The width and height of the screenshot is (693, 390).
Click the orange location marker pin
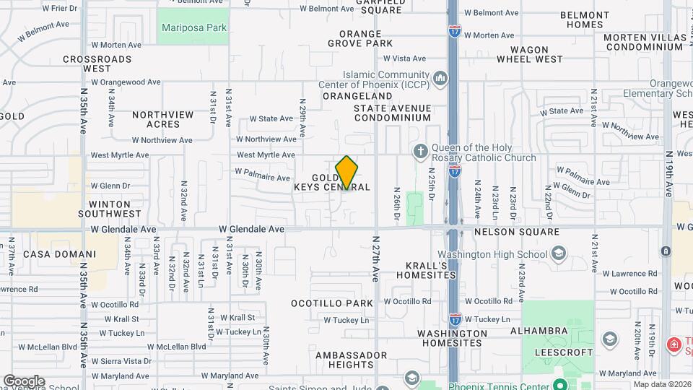pyautogui.click(x=346, y=172)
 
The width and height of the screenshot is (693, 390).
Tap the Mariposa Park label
pyautogui.click(x=194, y=28)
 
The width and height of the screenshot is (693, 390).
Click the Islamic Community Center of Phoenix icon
pyautogui.click(x=440, y=77)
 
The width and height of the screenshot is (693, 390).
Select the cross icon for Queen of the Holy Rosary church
pyautogui.click(x=421, y=152)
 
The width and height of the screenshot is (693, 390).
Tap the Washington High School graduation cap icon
pyautogui.click(x=558, y=253)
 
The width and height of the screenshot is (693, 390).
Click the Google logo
pyautogui.click(x=24, y=381)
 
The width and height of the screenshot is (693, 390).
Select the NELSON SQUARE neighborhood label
pyautogui.click(x=516, y=232)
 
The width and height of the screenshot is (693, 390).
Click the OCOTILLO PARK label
pyautogui.click(x=332, y=303)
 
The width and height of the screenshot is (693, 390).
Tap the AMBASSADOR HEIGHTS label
pyautogui.click(x=351, y=360)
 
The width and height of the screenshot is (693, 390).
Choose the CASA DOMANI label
pyautogui.click(x=59, y=254)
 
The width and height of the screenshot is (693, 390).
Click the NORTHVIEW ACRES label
pyautogui.click(x=163, y=119)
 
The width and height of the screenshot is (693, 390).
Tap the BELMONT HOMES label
pyautogui.click(x=584, y=19)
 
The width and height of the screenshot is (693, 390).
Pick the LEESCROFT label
pyautogui.click(x=564, y=352)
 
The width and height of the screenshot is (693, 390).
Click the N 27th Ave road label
pyautogui.click(x=375, y=258)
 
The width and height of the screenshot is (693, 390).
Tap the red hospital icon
pyautogui.click(x=674, y=344)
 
